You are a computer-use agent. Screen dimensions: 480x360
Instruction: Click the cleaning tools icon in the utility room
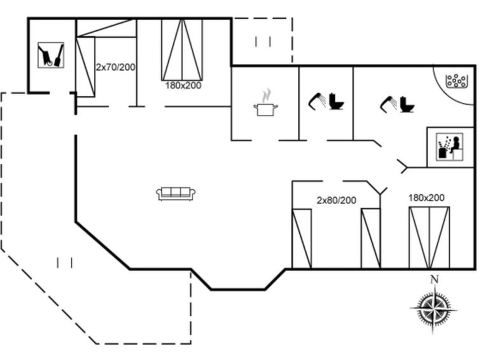pyautogui.click(x=51, y=55)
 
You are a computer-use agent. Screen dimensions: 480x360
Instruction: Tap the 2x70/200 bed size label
pyautogui.click(x=116, y=67)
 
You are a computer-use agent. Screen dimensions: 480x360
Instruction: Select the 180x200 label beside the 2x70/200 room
pyautogui.click(x=183, y=85)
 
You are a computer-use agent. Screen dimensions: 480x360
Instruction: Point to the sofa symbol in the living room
pyautogui.click(x=175, y=193)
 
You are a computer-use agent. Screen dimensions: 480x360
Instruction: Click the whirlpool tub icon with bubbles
pyautogui.click(x=456, y=81)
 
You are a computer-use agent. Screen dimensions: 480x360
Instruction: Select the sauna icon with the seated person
pyautogui.click(x=449, y=147)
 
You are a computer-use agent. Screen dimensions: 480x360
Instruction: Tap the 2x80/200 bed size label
pyautogui.click(x=336, y=200)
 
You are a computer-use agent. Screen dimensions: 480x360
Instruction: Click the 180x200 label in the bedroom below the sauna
pyautogui.click(x=426, y=198)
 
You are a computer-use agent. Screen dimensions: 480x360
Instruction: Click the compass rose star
pyautogui.click(x=434, y=310)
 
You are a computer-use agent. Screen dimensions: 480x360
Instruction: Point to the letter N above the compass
pyautogui.click(x=435, y=279)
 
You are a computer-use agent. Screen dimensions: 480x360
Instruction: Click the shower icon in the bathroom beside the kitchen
pyautogui.click(x=317, y=100)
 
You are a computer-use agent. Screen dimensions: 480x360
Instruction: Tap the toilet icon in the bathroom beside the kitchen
pyautogui.click(x=336, y=101)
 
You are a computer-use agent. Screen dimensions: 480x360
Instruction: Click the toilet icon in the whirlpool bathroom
pyautogui.click(x=407, y=104)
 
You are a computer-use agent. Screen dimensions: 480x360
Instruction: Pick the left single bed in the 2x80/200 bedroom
pyautogui.click(x=302, y=239)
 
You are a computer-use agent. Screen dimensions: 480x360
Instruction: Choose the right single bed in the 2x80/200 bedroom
pyautogui.click(x=371, y=239)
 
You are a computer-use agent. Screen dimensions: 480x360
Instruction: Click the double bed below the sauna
pyautogui.click(x=429, y=238)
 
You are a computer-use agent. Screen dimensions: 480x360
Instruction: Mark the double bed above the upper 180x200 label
pyautogui.click(x=182, y=50)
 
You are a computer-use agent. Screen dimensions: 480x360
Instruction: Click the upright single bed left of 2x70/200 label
pyautogui.click(x=85, y=67)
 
